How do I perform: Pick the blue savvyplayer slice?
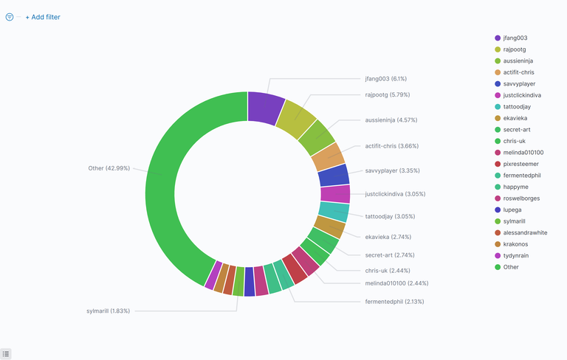coord(333,176)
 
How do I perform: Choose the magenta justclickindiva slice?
coord(335,194)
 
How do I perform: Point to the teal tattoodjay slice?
coord(333,212)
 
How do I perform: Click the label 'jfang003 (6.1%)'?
coord(385,78)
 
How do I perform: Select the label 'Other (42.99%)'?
coord(109,168)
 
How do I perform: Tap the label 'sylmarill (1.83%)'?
coord(108,311)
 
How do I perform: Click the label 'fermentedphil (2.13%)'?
coord(394,302)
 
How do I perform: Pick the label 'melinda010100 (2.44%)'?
coord(396,283)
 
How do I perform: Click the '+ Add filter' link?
coord(43,17)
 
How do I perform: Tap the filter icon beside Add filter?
coord(10,17)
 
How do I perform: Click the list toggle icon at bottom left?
coord(6,354)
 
